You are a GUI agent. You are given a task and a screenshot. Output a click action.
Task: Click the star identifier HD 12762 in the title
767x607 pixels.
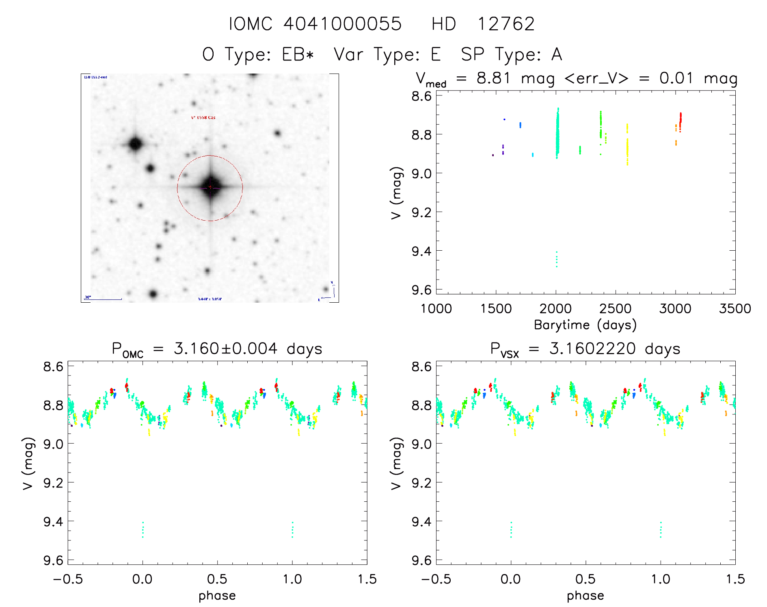[x=483, y=24]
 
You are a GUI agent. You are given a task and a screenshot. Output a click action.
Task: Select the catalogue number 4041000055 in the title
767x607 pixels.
[x=342, y=24]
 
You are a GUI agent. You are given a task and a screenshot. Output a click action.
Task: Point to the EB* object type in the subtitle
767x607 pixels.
[x=298, y=54]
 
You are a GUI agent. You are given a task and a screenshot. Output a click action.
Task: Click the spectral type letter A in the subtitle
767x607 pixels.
[x=557, y=54]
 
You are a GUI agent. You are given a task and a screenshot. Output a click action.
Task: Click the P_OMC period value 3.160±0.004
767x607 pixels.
[x=225, y=349]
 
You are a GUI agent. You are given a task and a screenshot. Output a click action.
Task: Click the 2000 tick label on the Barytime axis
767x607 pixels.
[x=555, y=309]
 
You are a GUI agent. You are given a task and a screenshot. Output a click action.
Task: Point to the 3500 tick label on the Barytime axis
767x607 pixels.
[x=735, y=309]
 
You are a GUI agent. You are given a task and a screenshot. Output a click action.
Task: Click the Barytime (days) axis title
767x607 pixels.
[x=585, y=325]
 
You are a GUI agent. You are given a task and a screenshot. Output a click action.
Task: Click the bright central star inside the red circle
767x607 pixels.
[x=210, y=187]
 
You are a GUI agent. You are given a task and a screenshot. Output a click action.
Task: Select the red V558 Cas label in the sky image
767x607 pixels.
[x=203, y=117]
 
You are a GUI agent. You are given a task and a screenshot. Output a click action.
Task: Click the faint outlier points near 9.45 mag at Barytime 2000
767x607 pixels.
[x=557, y=259]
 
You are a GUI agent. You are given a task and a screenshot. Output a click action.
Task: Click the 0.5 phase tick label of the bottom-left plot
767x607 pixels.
[x=217, y=579]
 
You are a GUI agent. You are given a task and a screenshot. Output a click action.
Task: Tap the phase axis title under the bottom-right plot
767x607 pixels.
[x=585, y=596]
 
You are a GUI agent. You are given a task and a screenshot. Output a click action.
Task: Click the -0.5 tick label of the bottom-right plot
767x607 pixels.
[x=436, y=579]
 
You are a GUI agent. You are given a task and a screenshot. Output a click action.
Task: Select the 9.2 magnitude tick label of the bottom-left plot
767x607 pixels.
[x=53, y=483]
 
